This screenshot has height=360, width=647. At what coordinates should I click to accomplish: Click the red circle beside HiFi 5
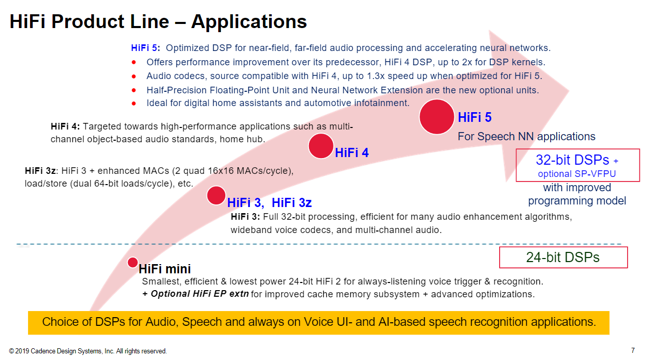click(x=436, y=117)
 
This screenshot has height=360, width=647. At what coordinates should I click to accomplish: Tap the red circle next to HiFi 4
click(x=321, y=146)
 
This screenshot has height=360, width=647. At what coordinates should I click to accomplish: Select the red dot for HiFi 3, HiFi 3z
click(x=216, y=195)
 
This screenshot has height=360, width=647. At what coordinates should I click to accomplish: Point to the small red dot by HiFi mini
click(x=133, y=262)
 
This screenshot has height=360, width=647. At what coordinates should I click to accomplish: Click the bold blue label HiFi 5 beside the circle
click(x=475, y=118)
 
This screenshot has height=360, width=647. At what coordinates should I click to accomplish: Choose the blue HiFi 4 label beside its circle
click(x=352, y=152)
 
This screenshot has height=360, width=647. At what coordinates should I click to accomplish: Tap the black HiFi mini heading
click(x=165, y=269)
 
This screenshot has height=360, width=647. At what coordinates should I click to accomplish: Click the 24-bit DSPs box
click(x=563, y=258)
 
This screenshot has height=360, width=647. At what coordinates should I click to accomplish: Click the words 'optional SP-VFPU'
click(x=577, y=174)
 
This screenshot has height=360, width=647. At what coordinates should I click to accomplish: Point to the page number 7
click(x=633, y=350)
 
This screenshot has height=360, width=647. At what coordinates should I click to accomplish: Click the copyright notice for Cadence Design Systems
click(x=88, y=351)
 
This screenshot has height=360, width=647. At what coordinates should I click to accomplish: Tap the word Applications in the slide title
click(x=249, y=22)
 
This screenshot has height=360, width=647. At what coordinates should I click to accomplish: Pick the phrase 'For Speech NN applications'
click(x=526, y=137)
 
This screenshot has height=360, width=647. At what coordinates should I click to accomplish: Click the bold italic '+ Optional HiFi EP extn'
click(x=195, y=294)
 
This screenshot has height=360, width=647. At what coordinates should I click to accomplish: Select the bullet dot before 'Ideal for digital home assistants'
click(x=134, y=104)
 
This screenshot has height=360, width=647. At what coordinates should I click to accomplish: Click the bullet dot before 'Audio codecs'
click(x=134, y=76)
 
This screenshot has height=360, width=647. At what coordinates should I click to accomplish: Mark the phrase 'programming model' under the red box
click(x=577, y=201)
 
